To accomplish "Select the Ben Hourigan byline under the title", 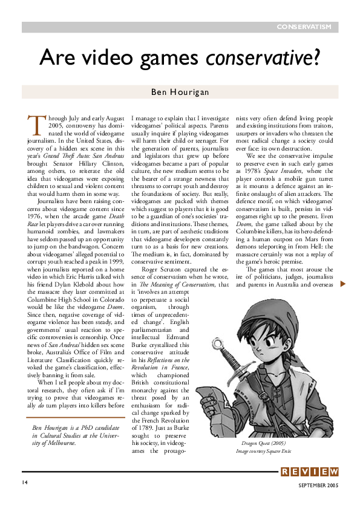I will pos(180,92).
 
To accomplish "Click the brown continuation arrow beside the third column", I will pos(342,284).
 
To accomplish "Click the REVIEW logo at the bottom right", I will pos(309,472).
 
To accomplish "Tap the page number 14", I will pos(25,482).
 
